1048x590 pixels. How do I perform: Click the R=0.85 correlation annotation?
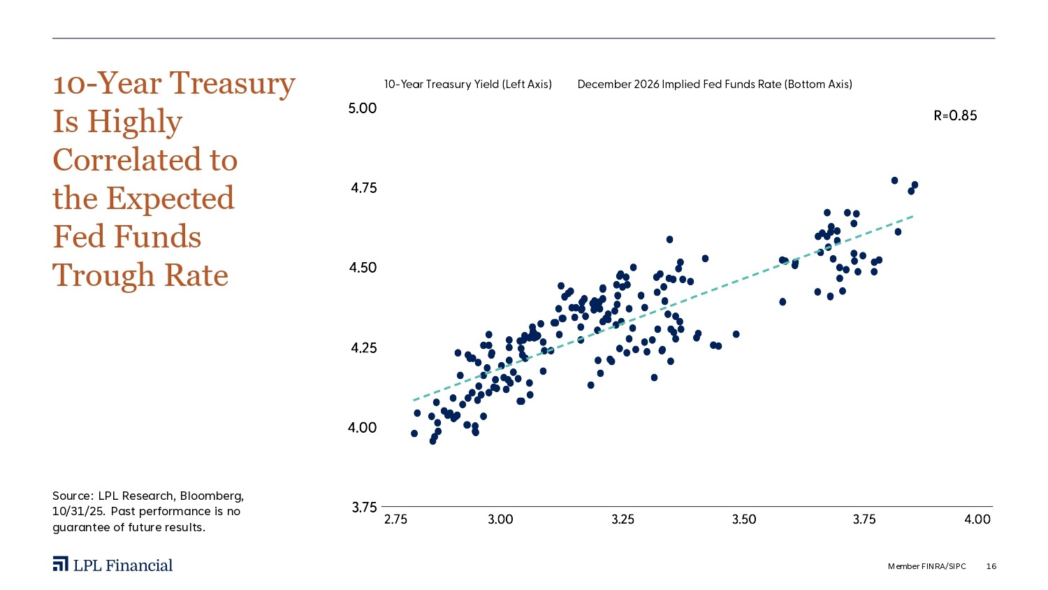coord(955,116)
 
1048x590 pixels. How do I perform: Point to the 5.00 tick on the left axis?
coord(363,108)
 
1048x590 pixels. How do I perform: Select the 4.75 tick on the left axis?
coord(363,188)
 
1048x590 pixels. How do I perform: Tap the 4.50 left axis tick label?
coord(363,268)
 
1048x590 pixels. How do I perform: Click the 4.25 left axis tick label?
coord(363,347)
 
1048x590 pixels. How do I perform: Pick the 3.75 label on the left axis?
coord(363,508)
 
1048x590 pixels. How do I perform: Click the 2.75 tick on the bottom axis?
coord(396,519)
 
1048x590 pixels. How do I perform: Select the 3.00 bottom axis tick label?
coord(500,519)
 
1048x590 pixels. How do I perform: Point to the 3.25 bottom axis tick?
coord(623,519)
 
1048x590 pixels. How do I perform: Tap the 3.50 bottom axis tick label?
coord(744,519)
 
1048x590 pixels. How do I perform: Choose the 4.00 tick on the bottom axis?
coord(977,519)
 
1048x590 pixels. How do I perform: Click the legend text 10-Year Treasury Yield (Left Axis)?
coord(467,85)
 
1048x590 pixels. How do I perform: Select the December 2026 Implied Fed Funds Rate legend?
coord(714,85)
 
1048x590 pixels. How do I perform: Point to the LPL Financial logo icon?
coord(60,565)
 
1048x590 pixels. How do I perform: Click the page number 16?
coord(991,566)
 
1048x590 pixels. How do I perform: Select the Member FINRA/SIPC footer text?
coord(926,566)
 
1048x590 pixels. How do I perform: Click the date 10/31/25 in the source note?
coord(77,511)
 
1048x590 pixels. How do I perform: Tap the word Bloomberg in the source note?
coord(212,496)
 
